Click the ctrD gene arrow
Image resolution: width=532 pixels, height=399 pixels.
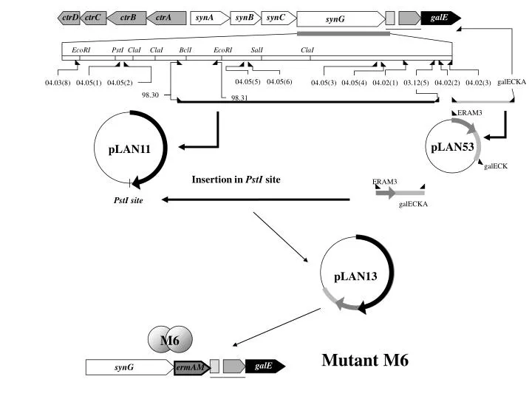click(69, 18)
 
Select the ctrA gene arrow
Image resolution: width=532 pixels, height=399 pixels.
click(166, 18)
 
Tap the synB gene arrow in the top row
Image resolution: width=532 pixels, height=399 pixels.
click(245, 18)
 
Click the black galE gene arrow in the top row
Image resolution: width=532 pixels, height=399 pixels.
click(440, 18)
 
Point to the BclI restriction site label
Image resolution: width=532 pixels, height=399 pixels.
click(185, 50)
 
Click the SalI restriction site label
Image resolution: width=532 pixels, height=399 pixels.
click(257, 50)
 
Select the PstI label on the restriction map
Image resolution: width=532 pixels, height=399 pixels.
click(117, 50)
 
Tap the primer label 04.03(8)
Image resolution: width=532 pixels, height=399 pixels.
click(58, 83)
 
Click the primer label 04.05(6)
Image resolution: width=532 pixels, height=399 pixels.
click(279, 82)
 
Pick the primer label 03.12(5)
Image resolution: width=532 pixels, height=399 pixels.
click(416, 83)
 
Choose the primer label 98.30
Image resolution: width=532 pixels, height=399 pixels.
click(150, 95)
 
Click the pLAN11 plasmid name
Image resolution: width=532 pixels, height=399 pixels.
click(129, 149)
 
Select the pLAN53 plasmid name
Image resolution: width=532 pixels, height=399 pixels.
click(452, 147)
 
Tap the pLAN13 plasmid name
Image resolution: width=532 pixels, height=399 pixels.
click(355, 276)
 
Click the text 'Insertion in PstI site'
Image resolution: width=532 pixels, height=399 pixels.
click(236, 179)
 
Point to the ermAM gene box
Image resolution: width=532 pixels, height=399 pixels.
click(191, 367)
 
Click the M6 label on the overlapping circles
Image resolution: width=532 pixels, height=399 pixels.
click(170, 340)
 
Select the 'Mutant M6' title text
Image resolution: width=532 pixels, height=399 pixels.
click(365, 360)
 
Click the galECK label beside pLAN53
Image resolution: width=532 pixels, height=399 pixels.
click(496, 166)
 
